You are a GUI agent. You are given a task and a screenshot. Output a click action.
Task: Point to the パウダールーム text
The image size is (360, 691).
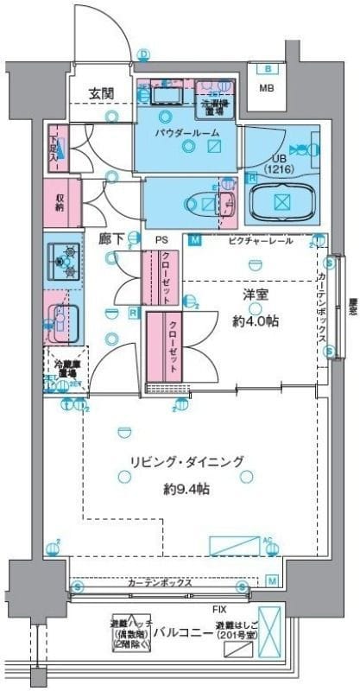pos(187,132)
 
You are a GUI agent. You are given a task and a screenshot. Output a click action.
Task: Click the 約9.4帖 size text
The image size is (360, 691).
pos(187,488)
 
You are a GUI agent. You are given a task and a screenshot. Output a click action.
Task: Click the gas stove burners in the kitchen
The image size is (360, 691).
pos(62,257)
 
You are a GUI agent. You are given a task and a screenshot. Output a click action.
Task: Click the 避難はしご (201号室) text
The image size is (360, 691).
pos(236,630)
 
